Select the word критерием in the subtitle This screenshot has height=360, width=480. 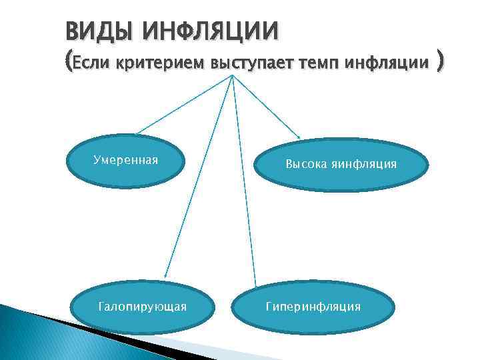pyautogui.click(x=161, y=65)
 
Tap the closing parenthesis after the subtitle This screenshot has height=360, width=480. pyautogui.click(x=439, y=63)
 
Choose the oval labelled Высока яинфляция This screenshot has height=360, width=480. pyautogui.click(x=341, y=164)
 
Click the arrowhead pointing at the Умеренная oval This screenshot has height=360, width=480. pyautogui.click(x=138, y=133)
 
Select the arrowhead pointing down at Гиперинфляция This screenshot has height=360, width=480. pyautogui.click(x=255, y=283)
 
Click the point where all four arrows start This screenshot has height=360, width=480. pyautogui.click(x=231, y=75)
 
